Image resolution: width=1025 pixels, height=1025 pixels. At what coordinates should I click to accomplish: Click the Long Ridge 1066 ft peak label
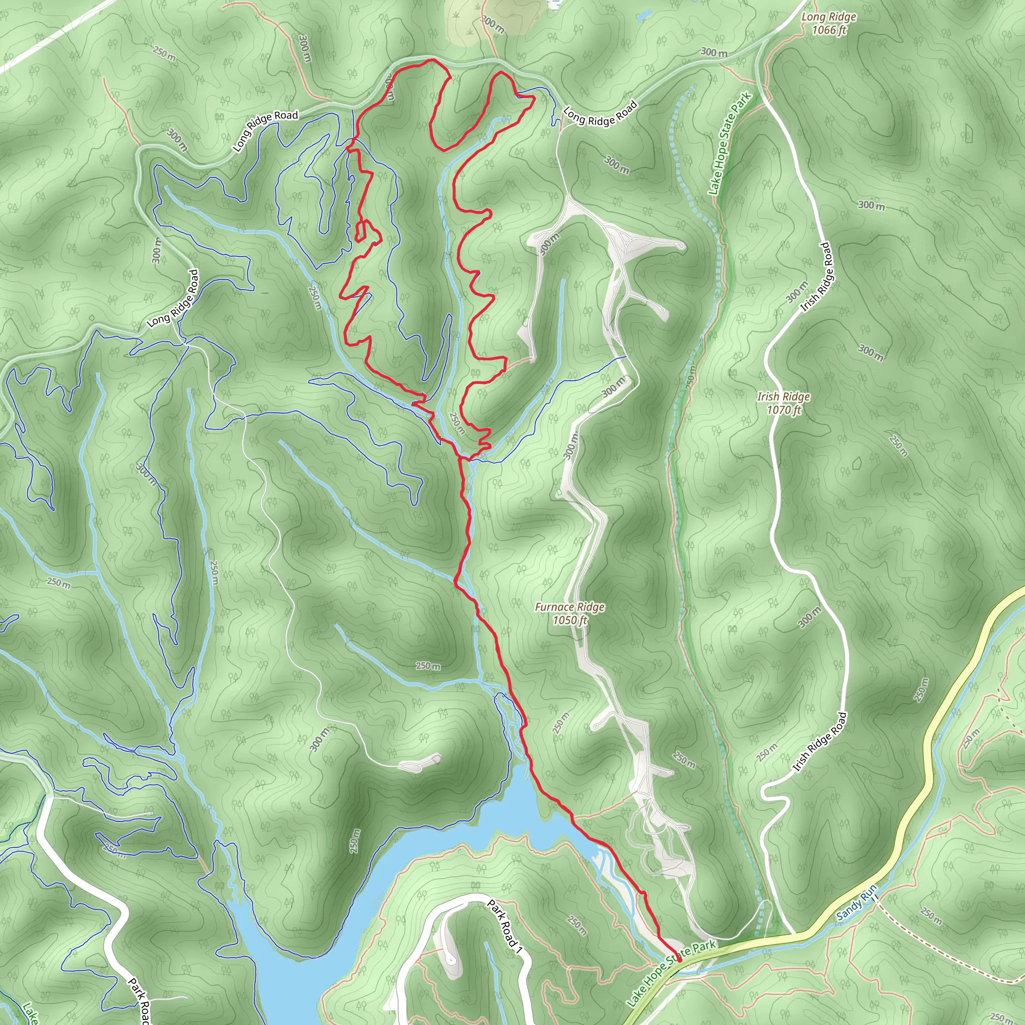pos(829,24)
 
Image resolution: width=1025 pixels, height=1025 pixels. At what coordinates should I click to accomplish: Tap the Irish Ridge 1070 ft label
pos(783,403)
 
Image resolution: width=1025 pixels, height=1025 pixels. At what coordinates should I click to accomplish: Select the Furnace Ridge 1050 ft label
pos(569,613)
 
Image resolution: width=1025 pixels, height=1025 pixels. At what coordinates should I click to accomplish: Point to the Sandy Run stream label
pos(857,903)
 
